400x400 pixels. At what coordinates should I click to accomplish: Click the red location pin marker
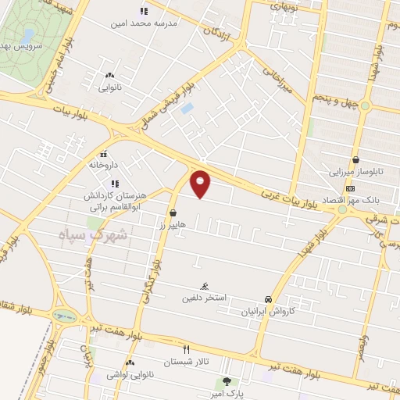(201, 183)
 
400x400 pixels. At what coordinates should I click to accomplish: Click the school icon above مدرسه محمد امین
(142, 12)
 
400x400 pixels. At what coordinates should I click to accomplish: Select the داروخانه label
(103, 165)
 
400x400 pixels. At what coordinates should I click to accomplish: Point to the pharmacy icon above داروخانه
(103, 153)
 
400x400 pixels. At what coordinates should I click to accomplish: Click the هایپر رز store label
(172, 224)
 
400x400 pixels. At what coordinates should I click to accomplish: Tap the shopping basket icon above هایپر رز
(172, 212)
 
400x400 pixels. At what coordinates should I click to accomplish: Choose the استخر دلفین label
(204, 298)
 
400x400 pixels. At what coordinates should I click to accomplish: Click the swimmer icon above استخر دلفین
(205, 286)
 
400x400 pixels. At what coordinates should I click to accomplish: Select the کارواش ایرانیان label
(269, 311)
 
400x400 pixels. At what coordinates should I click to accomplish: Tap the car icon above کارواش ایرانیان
(269, 299)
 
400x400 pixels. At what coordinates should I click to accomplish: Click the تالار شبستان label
(186, 362)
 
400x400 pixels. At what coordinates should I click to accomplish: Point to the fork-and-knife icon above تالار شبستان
(186, 350)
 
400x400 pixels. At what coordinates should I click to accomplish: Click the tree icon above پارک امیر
(227, 382)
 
